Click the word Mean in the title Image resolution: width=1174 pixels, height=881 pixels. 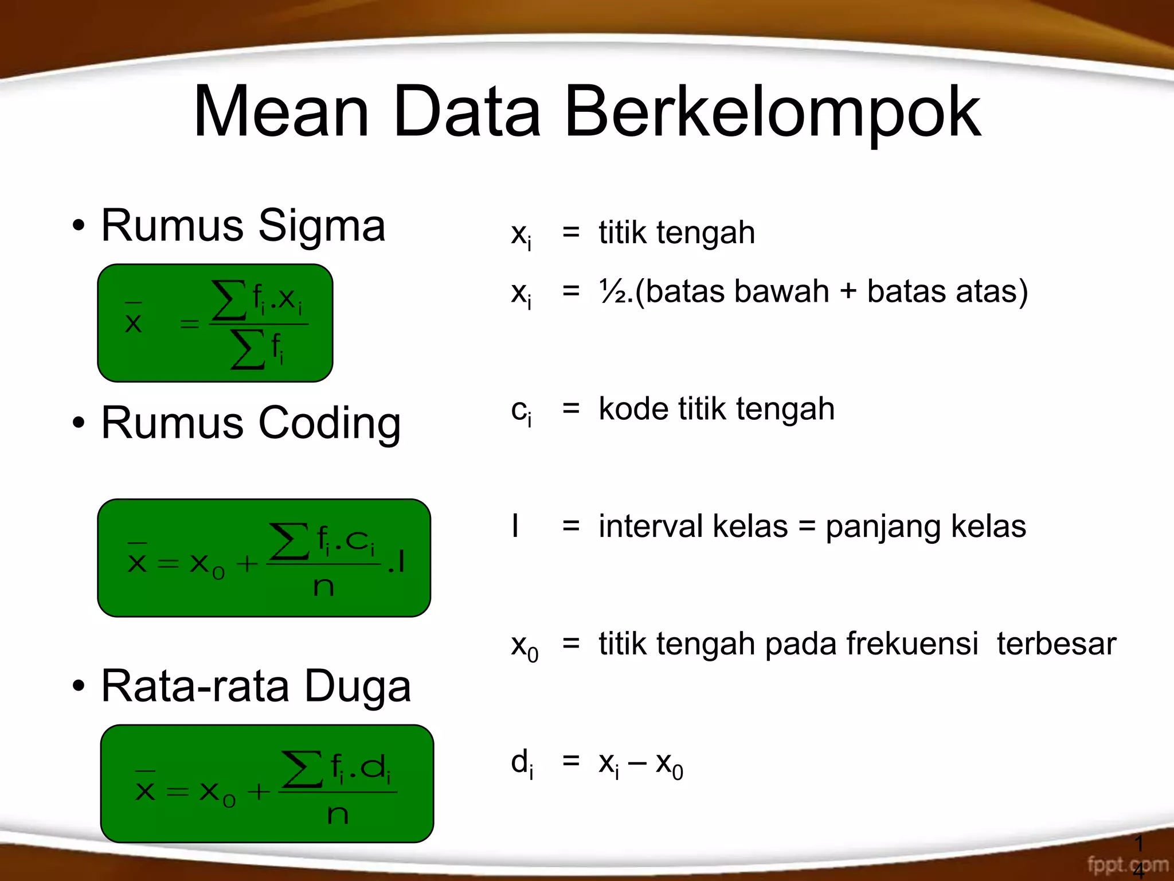tap(281, 112)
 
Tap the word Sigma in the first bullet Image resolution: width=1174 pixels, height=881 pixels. tap(322, 226)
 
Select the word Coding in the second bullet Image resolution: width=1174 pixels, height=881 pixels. tap(329, 423)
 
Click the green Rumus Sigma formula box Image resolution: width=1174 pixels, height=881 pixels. tap(215, 323)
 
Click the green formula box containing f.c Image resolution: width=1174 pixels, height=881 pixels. tap(264, 558)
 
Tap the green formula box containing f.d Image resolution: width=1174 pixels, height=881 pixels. tap(267, 783)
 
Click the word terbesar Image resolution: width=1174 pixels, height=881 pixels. tap(1056, 644)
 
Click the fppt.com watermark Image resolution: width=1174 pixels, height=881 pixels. tap(1127, 864)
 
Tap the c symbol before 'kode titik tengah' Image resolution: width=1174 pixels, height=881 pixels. tap(519, 411)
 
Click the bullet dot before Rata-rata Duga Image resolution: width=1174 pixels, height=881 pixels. tap(79, 686)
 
